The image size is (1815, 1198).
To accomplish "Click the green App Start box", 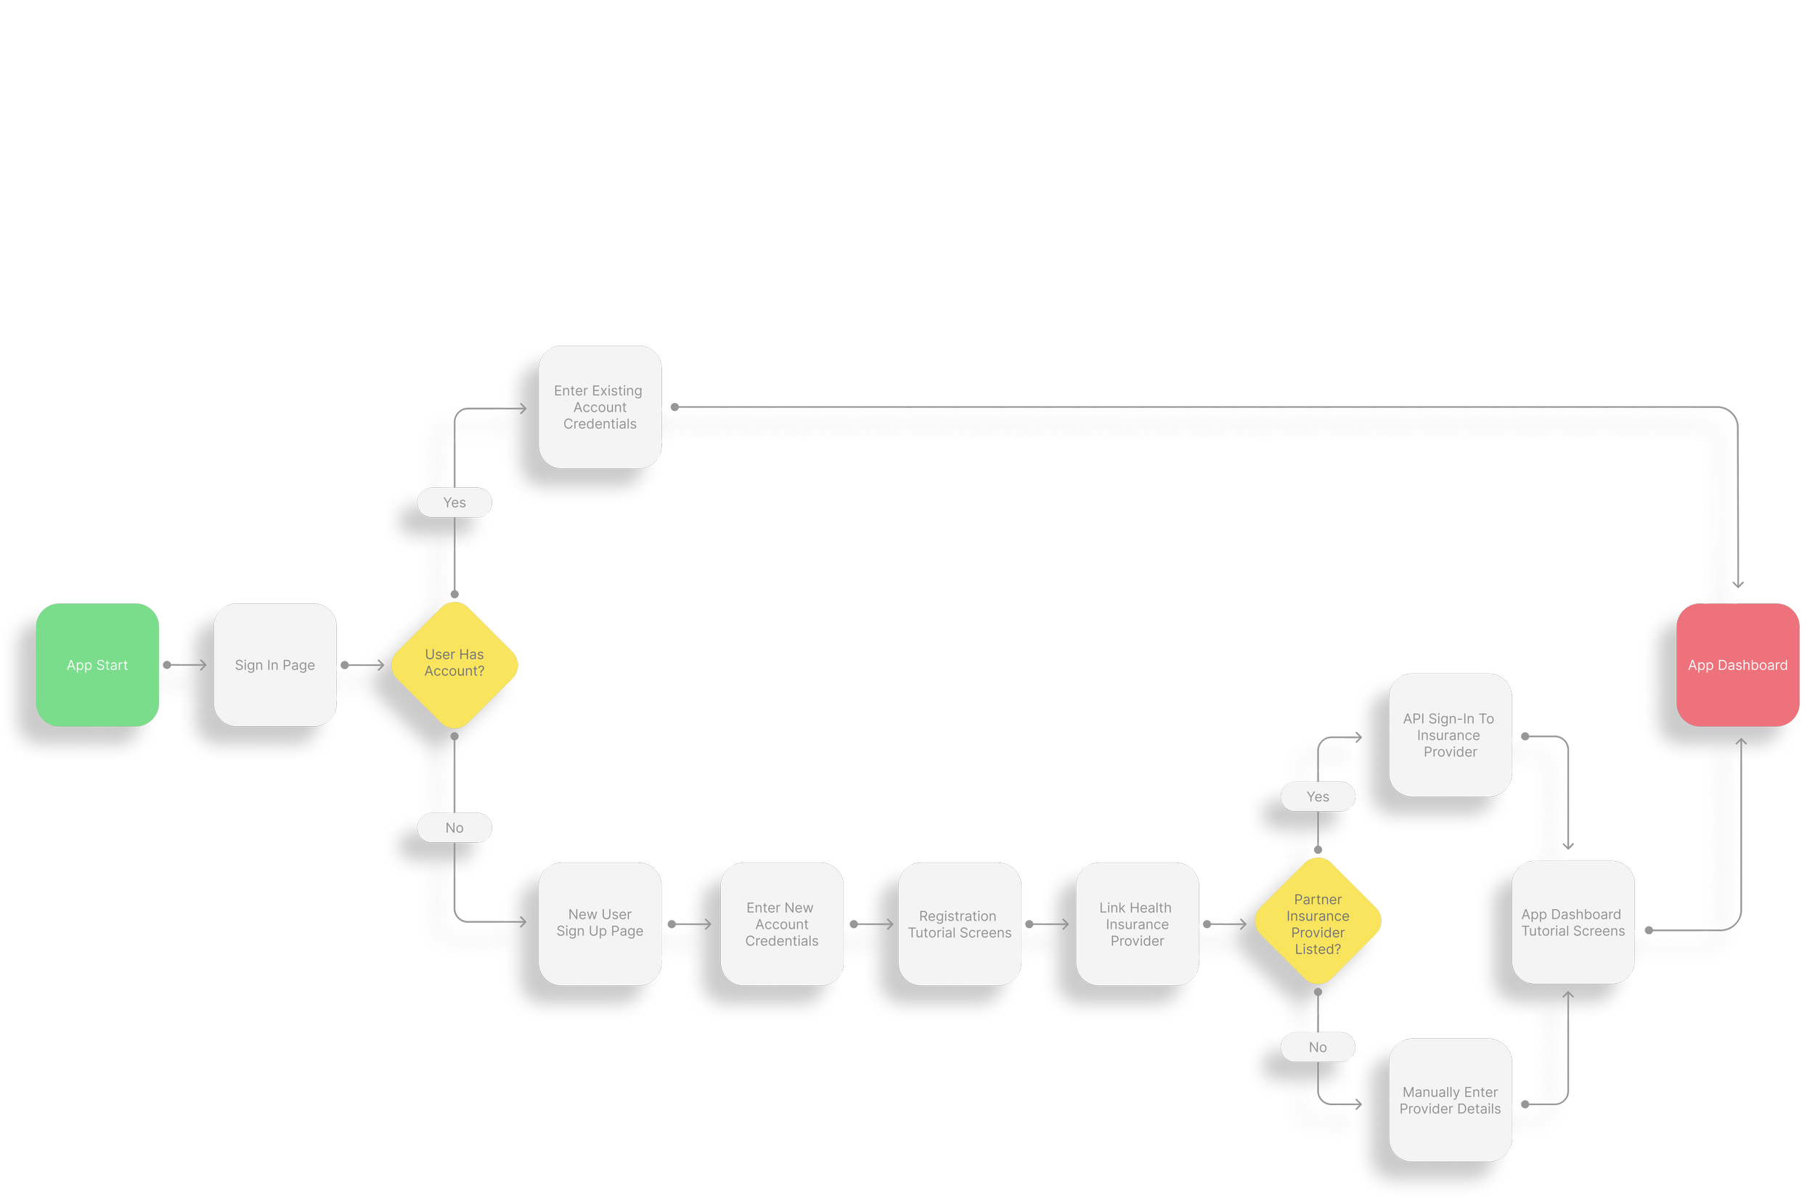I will (97, 664).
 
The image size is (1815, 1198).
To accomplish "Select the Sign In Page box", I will (275, 664).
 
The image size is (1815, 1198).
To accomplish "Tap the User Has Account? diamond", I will (454, 664).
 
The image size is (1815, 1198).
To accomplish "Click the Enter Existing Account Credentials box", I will (600, 407).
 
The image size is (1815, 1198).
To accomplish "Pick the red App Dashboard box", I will (1737, 664).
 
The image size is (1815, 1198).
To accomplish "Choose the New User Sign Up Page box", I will (600, 923).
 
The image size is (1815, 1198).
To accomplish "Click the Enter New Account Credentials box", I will (781, 924).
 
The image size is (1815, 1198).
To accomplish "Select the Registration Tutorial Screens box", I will (960, 924).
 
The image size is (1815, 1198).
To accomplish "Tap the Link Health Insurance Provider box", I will (1137, 924).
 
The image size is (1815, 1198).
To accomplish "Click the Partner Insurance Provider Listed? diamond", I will (1318, 923).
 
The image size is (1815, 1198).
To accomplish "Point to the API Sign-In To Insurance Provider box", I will (1450, 735).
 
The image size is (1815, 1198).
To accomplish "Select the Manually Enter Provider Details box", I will (1450, 1100).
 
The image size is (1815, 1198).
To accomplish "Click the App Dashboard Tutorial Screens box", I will (1573, 922).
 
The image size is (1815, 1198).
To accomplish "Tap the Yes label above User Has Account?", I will (454, 502).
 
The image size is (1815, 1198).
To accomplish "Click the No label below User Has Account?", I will (454, 828).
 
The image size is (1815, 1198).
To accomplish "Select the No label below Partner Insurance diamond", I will (1318, 1048).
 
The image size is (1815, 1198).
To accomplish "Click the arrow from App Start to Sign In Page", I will (186, 664).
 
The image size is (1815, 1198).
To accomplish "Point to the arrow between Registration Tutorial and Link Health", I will (1048, 924).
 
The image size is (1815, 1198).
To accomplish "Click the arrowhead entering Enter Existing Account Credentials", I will (522, 409).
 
